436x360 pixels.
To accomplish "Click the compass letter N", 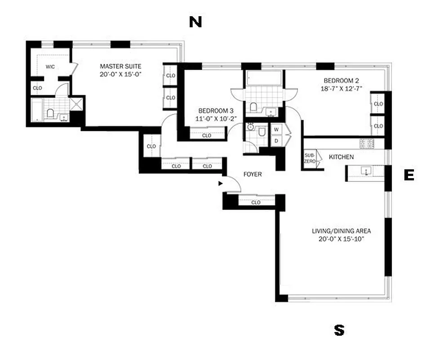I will (195, 22).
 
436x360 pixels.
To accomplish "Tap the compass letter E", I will (409, 175).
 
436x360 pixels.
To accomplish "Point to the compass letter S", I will (339, 331).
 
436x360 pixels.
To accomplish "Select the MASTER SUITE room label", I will (120, 66).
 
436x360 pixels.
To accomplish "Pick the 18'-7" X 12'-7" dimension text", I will (340, 89).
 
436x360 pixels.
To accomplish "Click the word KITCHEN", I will (341, 157).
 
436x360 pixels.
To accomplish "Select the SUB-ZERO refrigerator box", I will (310, 158).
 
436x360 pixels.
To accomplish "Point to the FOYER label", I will (252, 174).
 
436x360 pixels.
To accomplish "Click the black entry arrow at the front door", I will (220, 184).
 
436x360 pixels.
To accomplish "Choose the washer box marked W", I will (276, 130).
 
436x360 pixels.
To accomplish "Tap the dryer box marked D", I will (276, 140).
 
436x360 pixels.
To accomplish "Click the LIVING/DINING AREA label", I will (341, 231).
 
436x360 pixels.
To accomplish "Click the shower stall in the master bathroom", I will (76, 104).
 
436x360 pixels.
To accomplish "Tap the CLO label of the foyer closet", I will (256, 202).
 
